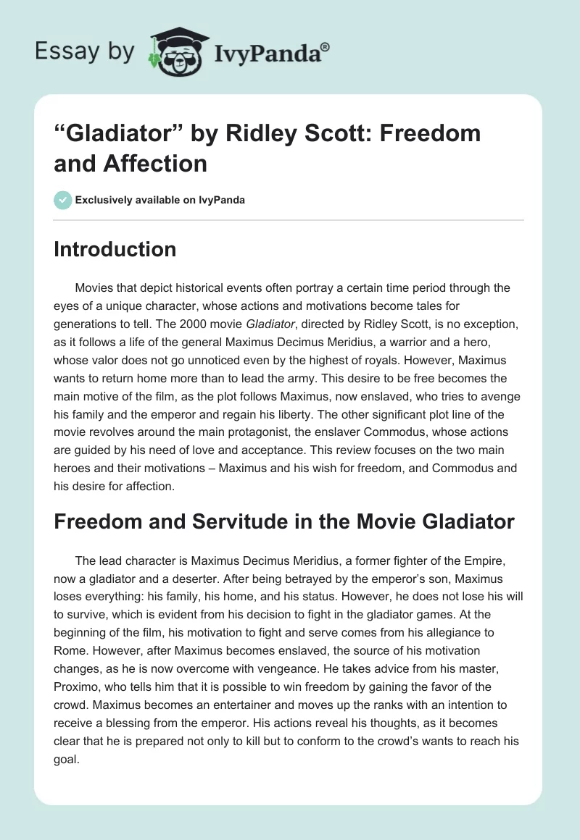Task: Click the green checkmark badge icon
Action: click(x=62, y=200)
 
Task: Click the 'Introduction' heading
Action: click(x=115, y=249)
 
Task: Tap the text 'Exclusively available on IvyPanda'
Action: click(x=159, y=200)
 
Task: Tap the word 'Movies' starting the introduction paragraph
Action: click(x=95, y=287)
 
